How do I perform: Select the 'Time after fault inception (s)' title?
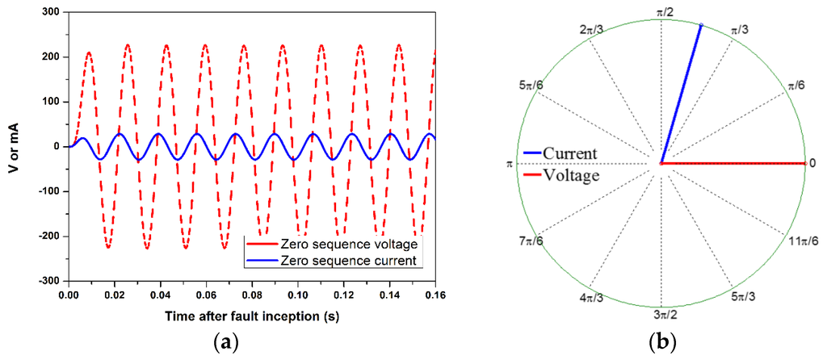pos(252,316)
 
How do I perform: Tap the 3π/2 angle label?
pos(661,315)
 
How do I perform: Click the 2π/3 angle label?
pos(591,30)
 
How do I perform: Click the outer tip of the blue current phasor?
pos(701,25)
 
